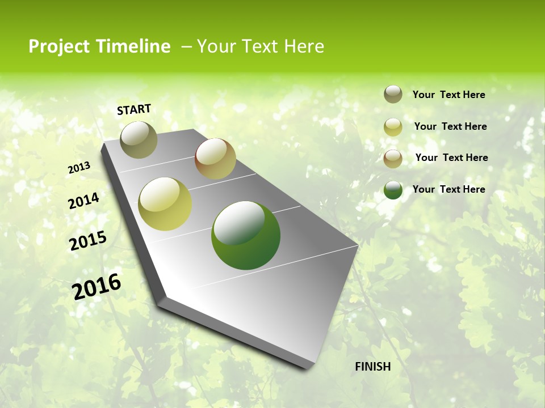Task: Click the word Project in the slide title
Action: pos(59,46)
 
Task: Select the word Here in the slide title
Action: pos(304,46)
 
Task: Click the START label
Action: pos(134,109)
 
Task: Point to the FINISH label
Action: pos(372,367)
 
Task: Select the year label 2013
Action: pos(79,168)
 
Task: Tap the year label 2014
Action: pos(83,201)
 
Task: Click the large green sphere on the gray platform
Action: pos(245,235)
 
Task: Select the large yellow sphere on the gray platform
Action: pos(165,204)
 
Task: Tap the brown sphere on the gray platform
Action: pos(215,159)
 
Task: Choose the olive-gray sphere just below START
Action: pos(139,139)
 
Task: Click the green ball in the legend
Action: pos(393,190)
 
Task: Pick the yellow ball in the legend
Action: pos(393,127)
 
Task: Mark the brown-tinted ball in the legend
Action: pos(393,158)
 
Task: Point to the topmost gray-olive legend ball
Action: pos(393,94)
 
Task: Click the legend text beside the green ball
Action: pos(448,189)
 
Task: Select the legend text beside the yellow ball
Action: pos(450,126)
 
